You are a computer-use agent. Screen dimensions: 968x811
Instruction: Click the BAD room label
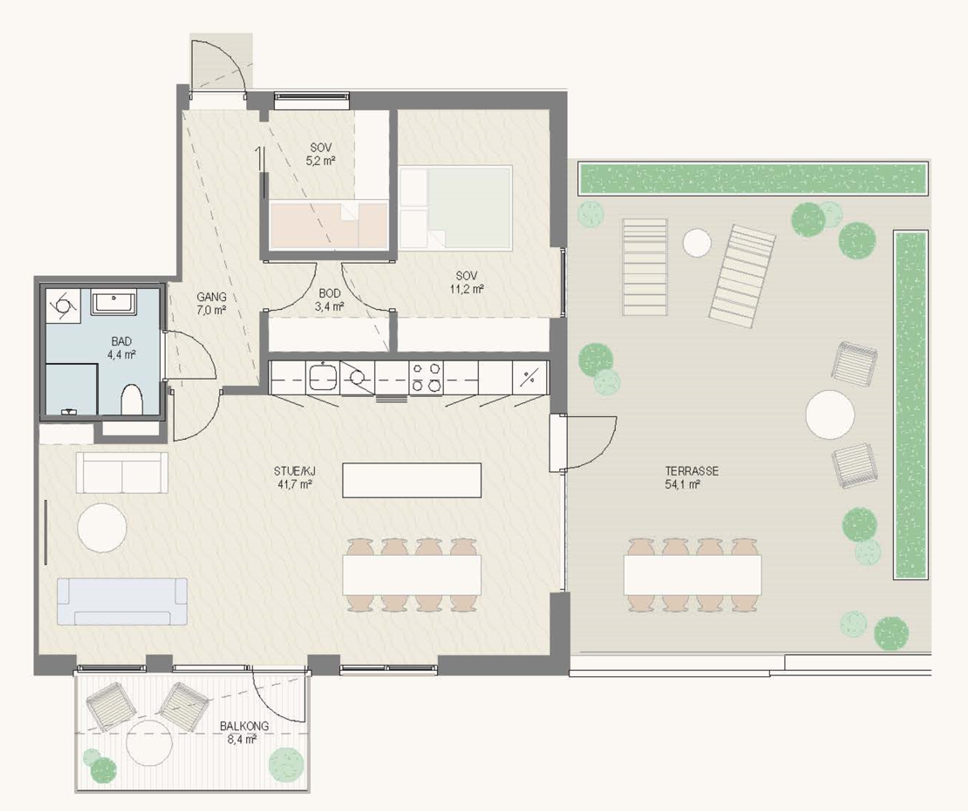[122, 342]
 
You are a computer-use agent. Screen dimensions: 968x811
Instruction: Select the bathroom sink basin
[114, 302]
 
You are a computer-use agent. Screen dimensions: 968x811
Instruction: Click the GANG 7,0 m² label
[211, 303]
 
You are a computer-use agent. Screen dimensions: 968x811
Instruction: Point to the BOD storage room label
[330, 294]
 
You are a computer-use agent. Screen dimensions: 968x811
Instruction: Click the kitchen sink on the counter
[322, 377]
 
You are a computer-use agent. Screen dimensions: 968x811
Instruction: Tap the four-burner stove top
[426, 378]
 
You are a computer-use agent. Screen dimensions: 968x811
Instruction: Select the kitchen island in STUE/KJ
[412, 480]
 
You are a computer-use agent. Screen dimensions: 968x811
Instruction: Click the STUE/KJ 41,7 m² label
[294, 478]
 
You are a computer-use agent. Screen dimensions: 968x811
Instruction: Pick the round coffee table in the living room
[102, 527]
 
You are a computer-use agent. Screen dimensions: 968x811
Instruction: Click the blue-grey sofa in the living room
[122, 601]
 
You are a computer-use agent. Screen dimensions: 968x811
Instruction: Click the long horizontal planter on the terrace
[753, 178]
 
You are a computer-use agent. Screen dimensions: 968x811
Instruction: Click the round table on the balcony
[149, 743]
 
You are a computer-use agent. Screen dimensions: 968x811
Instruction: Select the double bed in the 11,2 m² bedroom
[455, 208]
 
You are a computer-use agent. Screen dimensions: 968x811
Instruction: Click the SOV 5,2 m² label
[321, 154]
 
